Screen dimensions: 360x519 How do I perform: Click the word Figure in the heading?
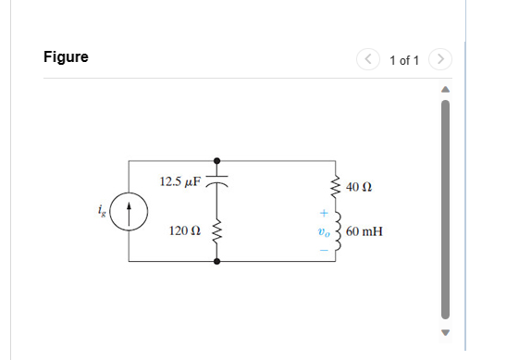66,57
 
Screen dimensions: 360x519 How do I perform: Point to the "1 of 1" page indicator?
404,60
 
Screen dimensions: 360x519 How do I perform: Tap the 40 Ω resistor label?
358,188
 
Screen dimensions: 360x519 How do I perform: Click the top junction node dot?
217,159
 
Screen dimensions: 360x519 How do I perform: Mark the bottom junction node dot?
217,262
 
